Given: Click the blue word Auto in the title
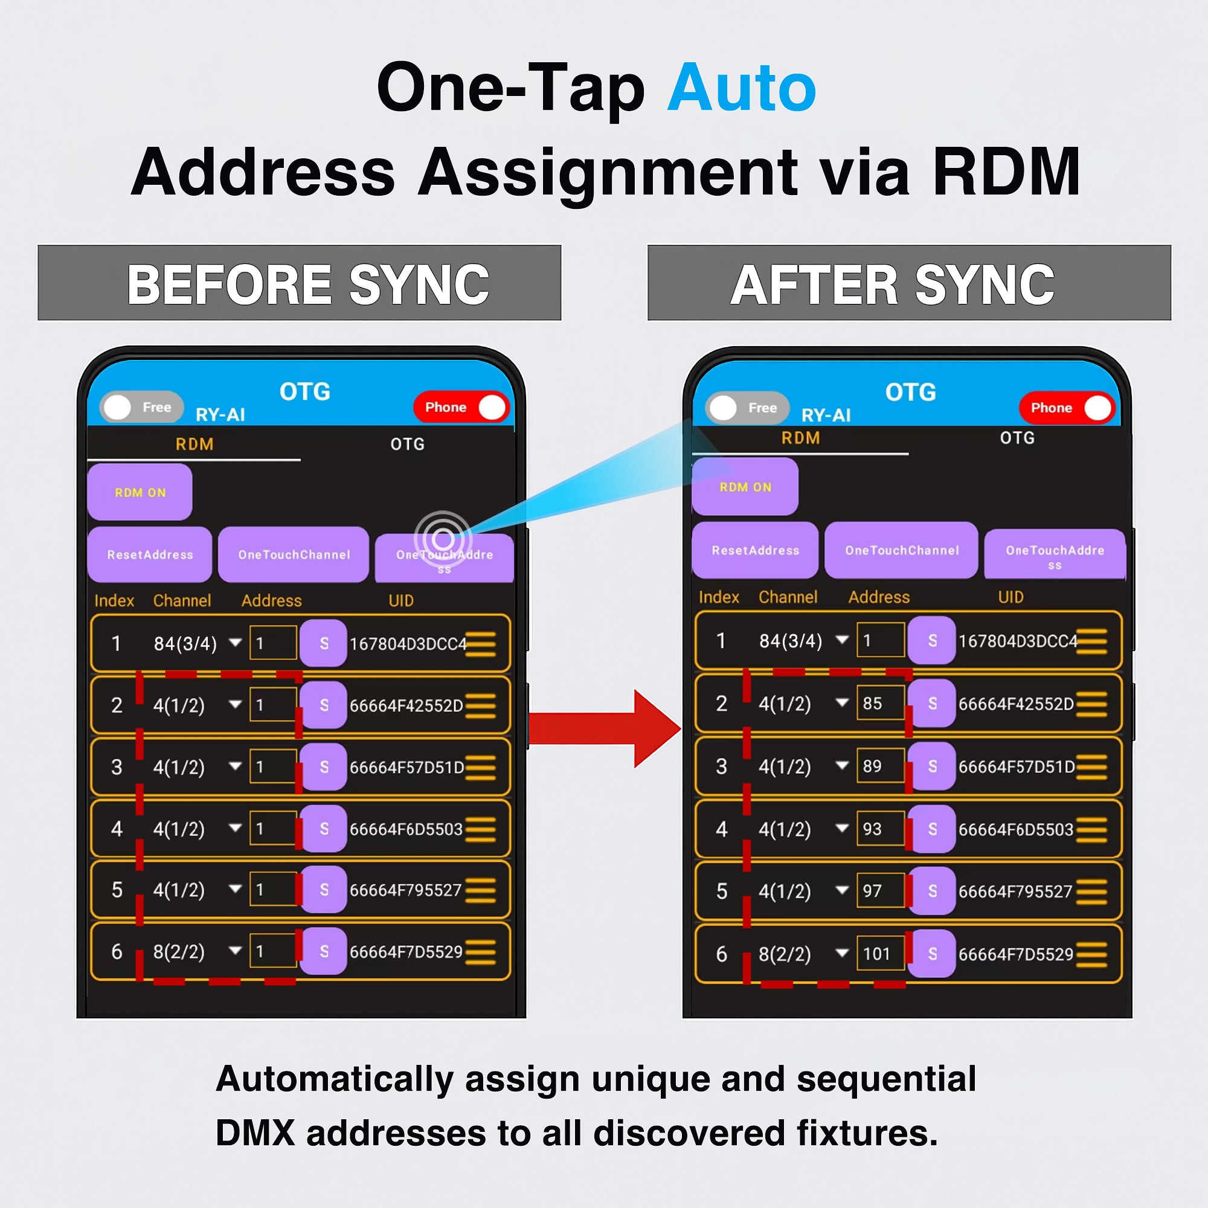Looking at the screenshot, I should tap(742, 89).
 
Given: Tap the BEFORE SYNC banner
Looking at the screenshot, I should tap(300, 283).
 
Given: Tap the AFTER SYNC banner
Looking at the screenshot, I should tap(908, 283).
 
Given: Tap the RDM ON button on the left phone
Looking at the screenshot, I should tap(140, 493).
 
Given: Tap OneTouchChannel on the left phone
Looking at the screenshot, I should tap(294, 554).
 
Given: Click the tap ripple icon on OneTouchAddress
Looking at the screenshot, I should tap(443, 538).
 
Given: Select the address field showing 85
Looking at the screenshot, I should tap(880, 704).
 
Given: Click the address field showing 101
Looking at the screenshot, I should tap(880, 954).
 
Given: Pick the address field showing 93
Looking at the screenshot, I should tap(880, 829).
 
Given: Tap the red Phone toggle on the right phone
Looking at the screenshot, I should tap(1067, 408).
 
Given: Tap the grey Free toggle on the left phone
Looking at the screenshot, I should tap(141, 408).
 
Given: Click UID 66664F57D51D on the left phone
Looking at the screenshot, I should tap(406, 767).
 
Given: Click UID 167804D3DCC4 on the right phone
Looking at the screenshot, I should tap(1017, 641).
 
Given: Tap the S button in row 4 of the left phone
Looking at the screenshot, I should tap(323, 829).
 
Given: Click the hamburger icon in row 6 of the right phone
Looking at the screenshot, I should tap(1091, 954).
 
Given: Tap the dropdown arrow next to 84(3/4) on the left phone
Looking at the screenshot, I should tap(235, 643).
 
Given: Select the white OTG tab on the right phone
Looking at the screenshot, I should tap(1017, 438).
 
